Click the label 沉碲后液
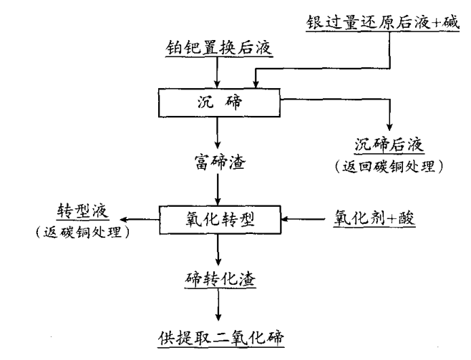pyautogui.click(x=389, y=146)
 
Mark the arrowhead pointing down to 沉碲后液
pyautogui.click(x=389, y=126)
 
